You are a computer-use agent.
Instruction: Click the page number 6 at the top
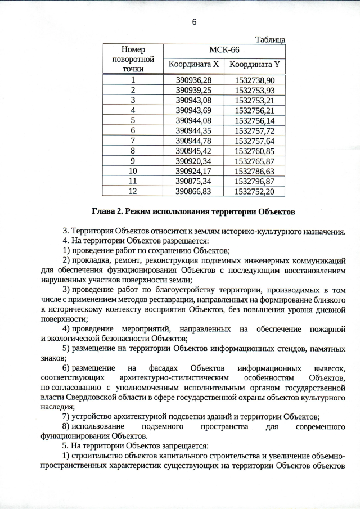click(x=195, y=22)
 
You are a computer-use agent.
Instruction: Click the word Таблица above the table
click(x=270, y=40)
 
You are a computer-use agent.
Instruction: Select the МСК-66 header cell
click(x=224, y=49)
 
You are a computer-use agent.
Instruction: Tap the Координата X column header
click(x=193, y=65)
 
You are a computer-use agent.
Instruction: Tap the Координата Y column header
click(x=255, y=65)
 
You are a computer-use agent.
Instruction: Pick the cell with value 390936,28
click(x=193, y=80)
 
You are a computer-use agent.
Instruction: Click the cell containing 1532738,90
click(x=255, y=80)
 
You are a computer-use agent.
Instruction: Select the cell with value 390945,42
click(x=193, y=151)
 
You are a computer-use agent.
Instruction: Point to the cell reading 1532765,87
click(x=255, y=161)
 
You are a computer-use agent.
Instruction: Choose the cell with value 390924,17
click(x=193, y=171)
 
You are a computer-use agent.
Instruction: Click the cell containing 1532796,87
click(x=255, y=181)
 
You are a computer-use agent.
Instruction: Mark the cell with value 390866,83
click(x=193, y=191)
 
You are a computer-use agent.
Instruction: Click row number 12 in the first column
click(x=133, y=191)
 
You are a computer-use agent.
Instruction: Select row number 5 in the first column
click(x=133, y=120)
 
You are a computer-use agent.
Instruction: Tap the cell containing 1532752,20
click(x=255, y=191)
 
